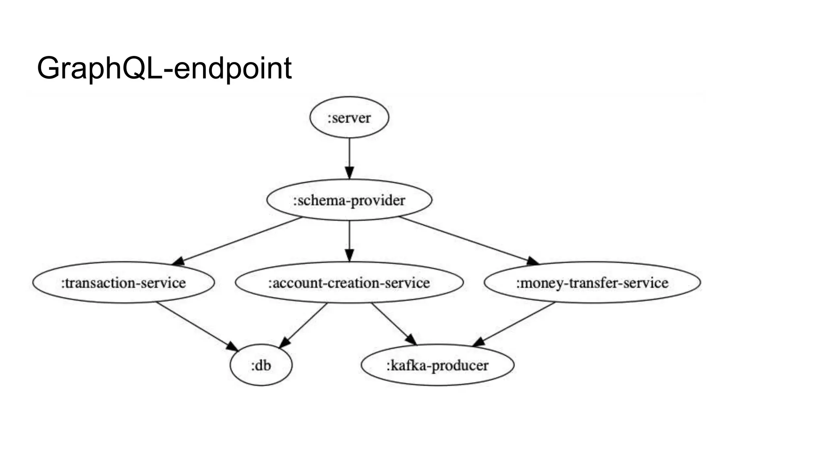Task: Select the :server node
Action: click(349, 118)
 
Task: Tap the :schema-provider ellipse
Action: click(349, 200)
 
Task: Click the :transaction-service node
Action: click(123, 283)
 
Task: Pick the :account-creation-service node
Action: click(349, 283)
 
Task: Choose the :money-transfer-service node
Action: click(592, 283)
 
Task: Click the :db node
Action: click(261, 365)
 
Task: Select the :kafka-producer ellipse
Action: click(437, 365)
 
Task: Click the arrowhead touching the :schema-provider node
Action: click(349, 173)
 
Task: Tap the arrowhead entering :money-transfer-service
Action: click(533, 261)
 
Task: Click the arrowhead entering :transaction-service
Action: click(178, 261)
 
